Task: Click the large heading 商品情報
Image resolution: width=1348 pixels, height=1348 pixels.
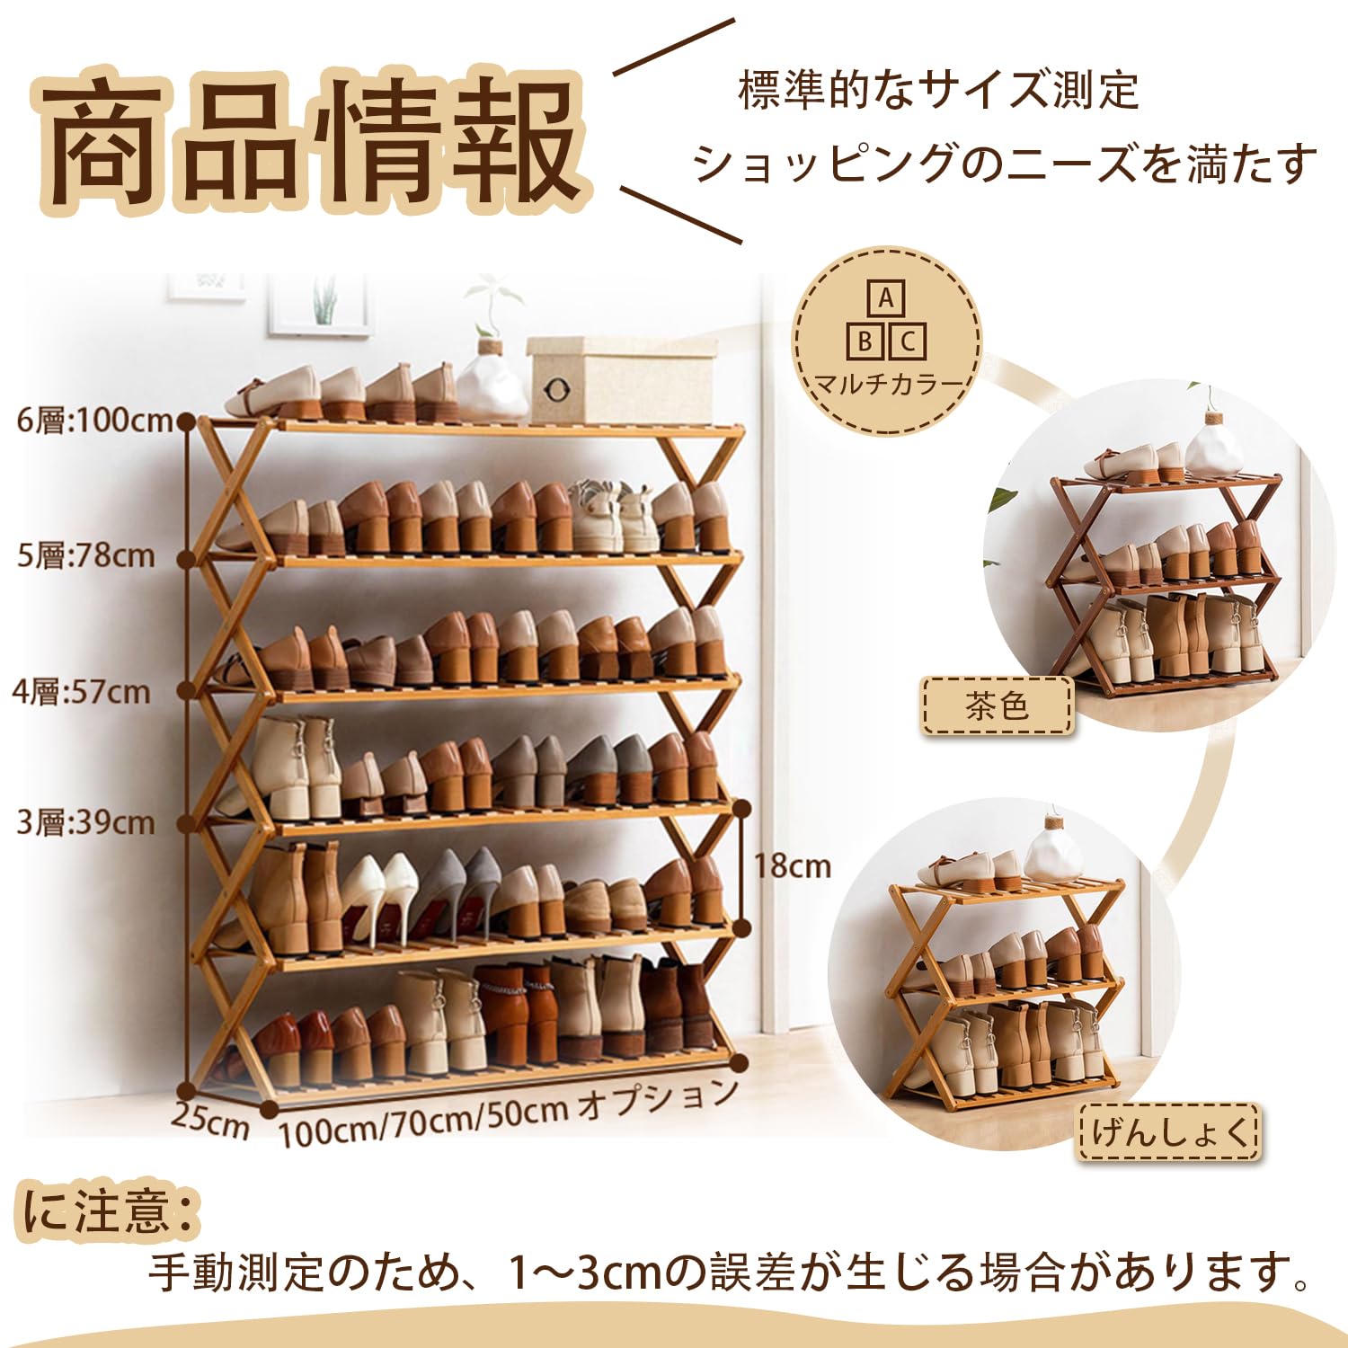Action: coord(310,139)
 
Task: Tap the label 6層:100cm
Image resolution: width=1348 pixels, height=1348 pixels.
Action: coord(94,420)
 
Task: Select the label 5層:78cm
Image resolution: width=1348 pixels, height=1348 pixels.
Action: coord(86,555)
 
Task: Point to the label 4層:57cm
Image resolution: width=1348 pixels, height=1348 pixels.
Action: coord(81,692)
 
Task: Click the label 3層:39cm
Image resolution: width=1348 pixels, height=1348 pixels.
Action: coord(86,822)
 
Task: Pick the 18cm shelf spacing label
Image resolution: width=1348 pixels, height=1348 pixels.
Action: coord(792,865)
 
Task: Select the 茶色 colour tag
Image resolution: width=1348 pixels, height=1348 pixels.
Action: coord(997,706)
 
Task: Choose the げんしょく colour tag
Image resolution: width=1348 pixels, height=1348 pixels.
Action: coord(1169,1131)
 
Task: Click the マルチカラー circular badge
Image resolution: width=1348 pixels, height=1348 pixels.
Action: coord(887,341)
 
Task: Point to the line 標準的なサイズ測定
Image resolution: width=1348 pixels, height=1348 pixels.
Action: coord(938,91)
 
